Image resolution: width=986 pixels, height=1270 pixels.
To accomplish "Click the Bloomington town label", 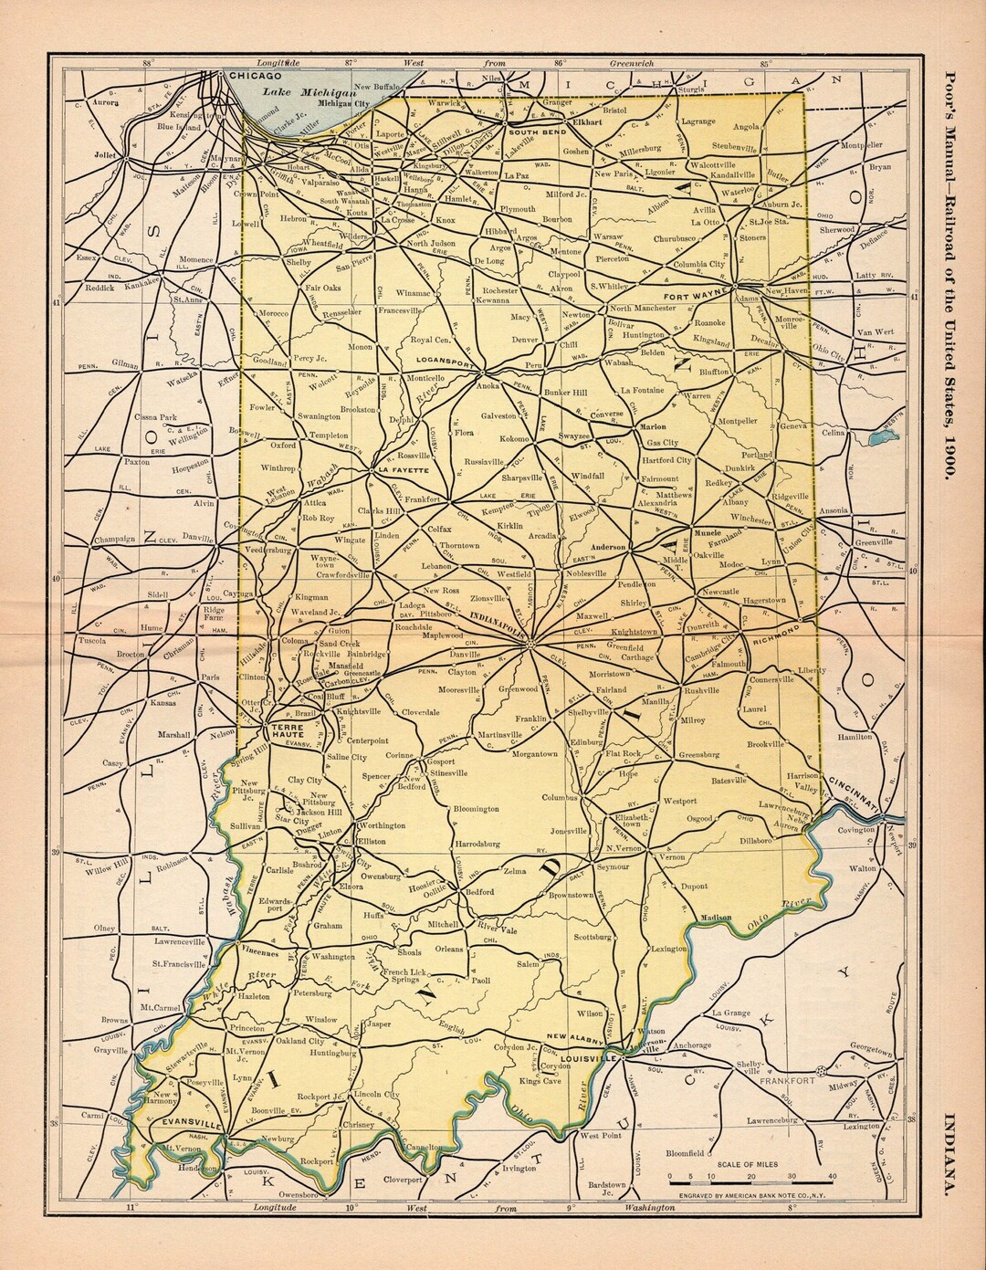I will (477, 809).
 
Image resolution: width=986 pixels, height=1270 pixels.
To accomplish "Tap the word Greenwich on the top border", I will (632, 63).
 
